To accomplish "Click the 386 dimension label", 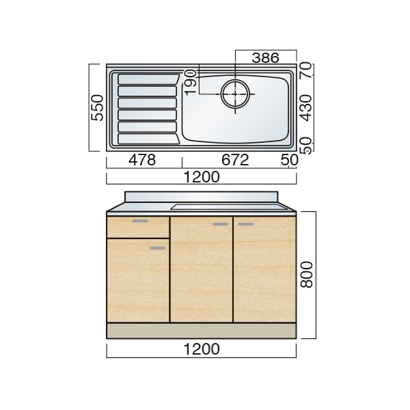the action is [265, 58].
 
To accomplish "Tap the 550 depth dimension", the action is [97, 107].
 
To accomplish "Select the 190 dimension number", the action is [191, 82].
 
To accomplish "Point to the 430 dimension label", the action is [306, 108].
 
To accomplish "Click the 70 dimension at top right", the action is [306, 70].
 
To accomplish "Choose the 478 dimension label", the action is [142, 160].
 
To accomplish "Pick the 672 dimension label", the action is [235, 160].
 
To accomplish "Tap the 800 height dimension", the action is [306, 275].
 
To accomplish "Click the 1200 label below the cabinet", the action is [202, 349].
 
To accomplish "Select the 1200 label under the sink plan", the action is [202, 177].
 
